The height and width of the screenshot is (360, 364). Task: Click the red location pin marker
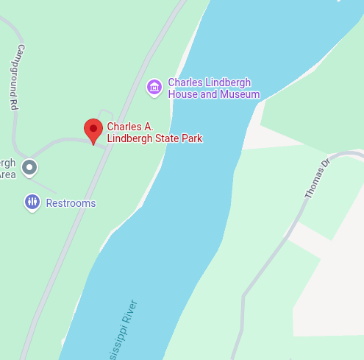(93, 130)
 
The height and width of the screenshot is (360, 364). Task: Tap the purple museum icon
(154, 88)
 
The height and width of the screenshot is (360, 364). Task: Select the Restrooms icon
(32, 202)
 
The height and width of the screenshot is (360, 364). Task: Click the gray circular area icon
(29, 168)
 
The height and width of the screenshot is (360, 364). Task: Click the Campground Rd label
(15, 77)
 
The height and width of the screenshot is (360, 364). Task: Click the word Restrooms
(71, 203)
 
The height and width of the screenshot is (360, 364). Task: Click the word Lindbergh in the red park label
(131, 138)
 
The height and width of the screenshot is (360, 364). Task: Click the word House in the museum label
(182, 94)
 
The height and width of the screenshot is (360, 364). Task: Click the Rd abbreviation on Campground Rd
(13, 104)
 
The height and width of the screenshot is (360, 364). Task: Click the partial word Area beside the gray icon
(7, 174)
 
